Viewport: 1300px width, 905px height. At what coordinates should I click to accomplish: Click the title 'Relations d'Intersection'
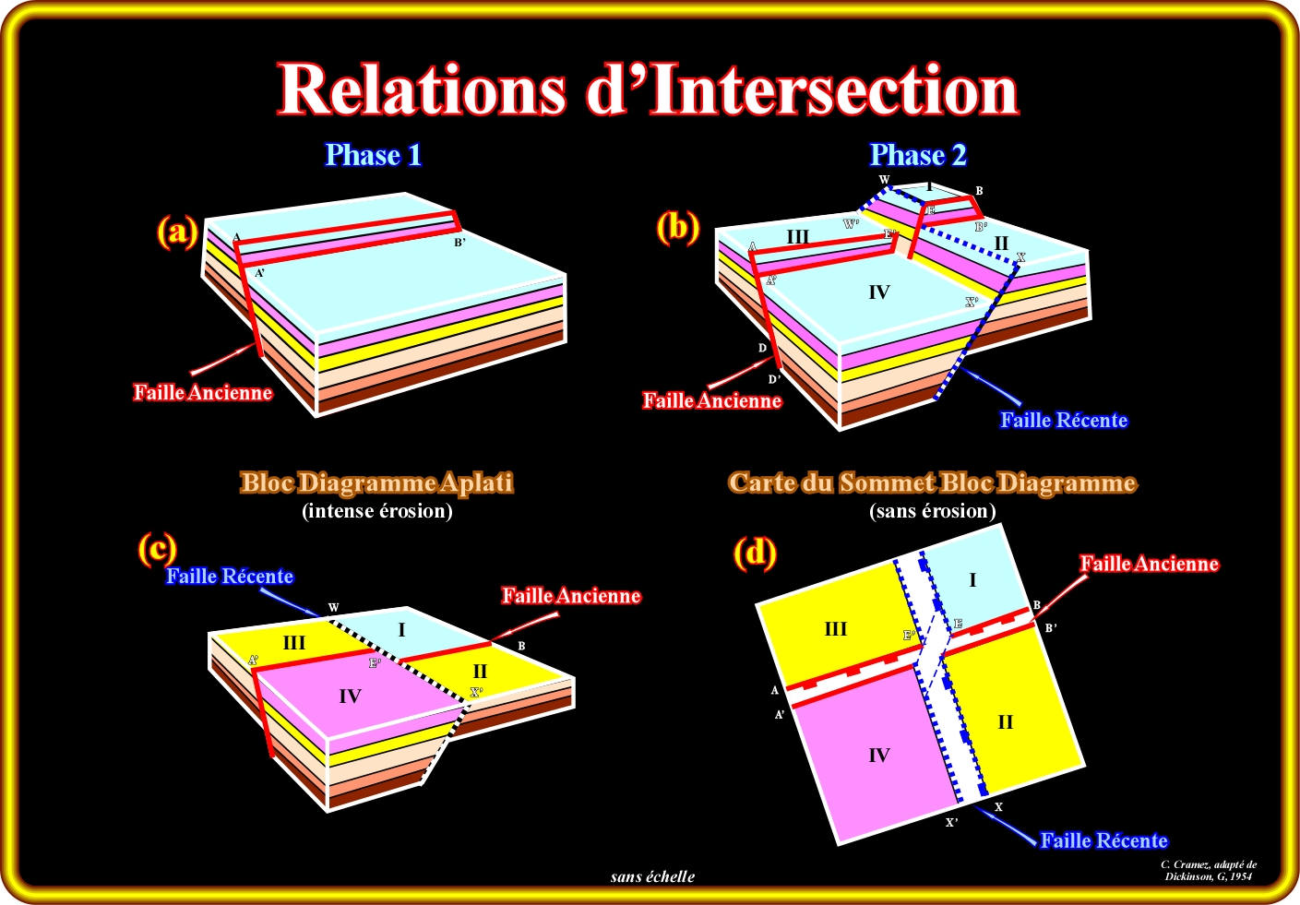(x=649, y=89)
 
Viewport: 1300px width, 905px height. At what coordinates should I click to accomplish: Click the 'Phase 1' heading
(x=373, y=155)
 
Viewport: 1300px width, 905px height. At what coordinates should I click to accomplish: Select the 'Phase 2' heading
(x=918, y=155)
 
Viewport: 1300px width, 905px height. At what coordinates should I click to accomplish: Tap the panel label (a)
(x=176, y=231)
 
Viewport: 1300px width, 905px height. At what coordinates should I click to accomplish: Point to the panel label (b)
(x=677, y=226)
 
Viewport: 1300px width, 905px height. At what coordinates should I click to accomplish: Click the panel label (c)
(x=157, y=548)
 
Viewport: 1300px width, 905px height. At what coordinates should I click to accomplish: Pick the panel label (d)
(x=755, y=553)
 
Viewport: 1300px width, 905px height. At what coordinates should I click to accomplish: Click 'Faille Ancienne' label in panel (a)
(x=203, y=392)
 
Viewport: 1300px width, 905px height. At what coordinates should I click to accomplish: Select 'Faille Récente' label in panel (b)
(x=1064, y=421)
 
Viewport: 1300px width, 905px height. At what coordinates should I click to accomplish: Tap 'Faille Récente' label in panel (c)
(x=230, y=577)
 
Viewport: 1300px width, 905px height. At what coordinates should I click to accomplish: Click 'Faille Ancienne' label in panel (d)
(x=1150, y=564)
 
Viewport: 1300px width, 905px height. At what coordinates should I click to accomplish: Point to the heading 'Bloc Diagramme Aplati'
(x=376, y=482)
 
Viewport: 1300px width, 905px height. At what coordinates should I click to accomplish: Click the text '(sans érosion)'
(x=933, y=511)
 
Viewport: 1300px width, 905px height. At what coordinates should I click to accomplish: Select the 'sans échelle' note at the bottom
(x=652, y=876)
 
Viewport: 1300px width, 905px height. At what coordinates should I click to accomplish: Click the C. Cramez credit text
(x=1208, y=870)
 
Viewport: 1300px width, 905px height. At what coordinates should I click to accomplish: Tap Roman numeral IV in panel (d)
(x=878, y=756)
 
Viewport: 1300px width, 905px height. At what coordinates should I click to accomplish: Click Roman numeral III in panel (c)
(x=294, y=643)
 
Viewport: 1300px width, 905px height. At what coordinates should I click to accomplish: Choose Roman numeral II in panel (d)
(x=1006, y=722)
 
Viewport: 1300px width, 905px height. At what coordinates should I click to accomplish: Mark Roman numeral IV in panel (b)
(x=878, y=292)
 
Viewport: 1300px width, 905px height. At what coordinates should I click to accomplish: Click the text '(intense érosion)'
(x=377, y=511)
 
